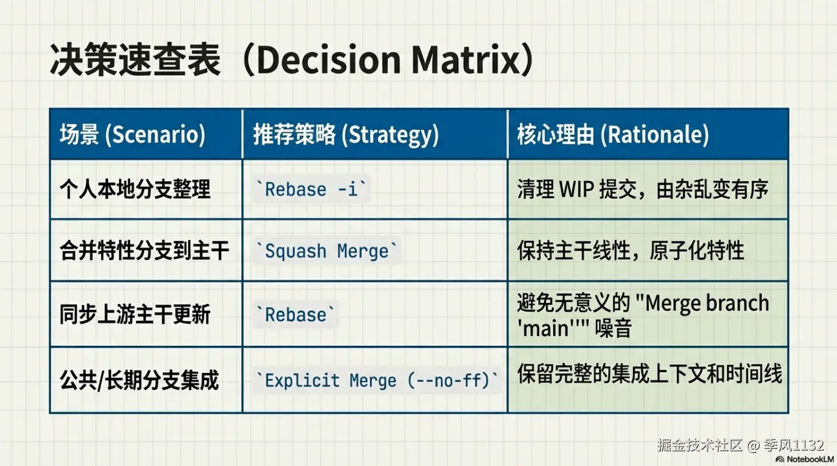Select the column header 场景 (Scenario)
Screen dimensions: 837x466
click(133, 134)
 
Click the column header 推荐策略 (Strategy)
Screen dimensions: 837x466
click(346, 135)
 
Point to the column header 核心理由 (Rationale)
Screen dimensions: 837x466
click(613, 134)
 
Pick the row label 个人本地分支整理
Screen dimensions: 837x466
click(135, 189)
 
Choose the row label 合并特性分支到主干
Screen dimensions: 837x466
click(145, 250)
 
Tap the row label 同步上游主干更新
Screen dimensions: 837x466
click(135, 314)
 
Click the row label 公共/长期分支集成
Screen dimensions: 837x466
click(140, 380)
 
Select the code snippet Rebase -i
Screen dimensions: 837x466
click(312, 189)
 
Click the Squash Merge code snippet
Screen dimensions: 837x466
click(327, 250)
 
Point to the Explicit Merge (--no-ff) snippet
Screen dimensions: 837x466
click(377, 380)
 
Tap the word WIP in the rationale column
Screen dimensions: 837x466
click(577, 189)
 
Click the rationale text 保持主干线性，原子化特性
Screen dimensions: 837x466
click(630, 250)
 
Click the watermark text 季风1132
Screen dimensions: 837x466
click(794, 445)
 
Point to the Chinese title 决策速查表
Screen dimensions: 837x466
click(135, 59)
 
